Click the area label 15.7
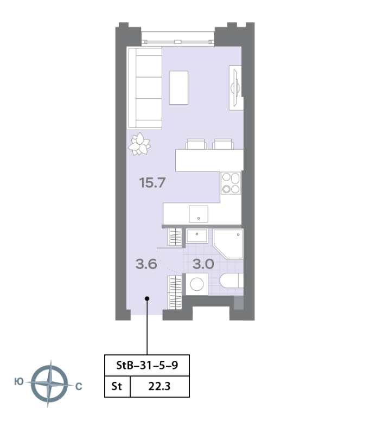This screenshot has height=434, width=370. (152, 183)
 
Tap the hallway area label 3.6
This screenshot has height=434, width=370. (146, 264)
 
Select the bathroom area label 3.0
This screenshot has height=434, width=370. (203, 264)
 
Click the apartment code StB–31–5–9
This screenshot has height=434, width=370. (147, 365)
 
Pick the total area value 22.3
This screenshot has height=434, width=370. (160, 386)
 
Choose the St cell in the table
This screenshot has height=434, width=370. (117, 386)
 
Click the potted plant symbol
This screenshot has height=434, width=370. (139, 144)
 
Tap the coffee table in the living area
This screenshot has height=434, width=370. (179, 87)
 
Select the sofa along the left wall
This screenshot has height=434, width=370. (144, 88)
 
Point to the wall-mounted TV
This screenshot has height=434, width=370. (236, 87)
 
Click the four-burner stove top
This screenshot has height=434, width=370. (231, 183)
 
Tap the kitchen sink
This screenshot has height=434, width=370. (199, 214)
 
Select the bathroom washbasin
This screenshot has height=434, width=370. (197, 236)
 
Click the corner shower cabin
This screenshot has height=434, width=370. (228, 244)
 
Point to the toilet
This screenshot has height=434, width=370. (232, 280)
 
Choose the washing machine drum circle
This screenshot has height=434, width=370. (197, 284)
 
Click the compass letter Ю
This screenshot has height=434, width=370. (19, 382)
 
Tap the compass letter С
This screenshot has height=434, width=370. (79, 386)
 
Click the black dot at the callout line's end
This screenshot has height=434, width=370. (147, 298)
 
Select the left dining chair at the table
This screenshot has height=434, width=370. (196, 144)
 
